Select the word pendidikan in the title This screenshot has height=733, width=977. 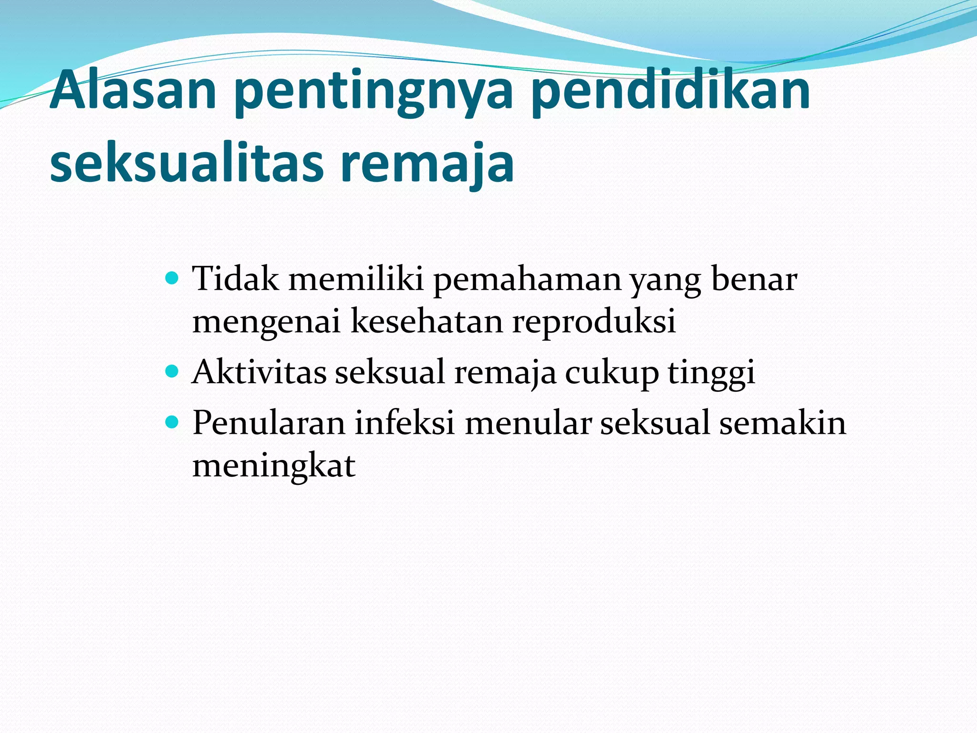pyautogui.click(x=670, y=90)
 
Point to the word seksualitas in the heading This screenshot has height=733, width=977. pyautogui.click(x=186, y=162)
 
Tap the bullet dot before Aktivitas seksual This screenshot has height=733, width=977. pyautogui.click(x=172, y=370)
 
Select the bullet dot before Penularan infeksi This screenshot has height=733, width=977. pyautogui.click(x=172, y=421)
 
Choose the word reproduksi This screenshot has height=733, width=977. pyautogui.click(x=594, y=323)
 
